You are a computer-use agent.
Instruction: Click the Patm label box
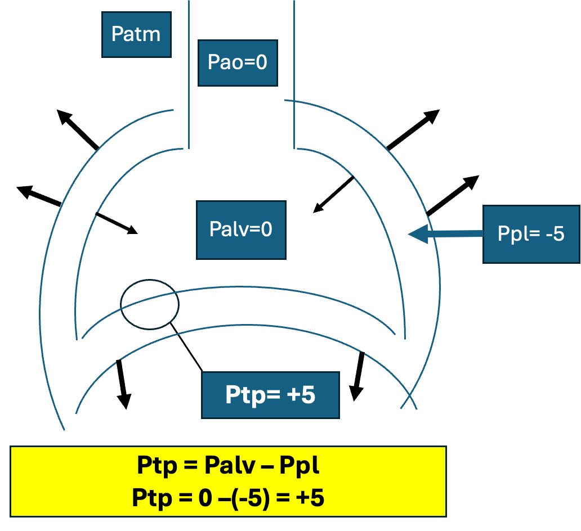(x=136, y=34)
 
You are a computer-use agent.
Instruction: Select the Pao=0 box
(x=238, y=62)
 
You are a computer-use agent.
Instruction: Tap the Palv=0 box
(x=241, y=229)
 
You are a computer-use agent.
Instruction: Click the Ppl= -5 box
(x=531, y=233)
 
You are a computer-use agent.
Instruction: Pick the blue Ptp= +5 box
(x=270, y=395)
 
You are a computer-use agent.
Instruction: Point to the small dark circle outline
(x=150, y=304)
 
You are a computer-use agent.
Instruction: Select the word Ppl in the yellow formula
(x=300, y=466)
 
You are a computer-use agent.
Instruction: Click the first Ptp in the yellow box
(x=155, y=466)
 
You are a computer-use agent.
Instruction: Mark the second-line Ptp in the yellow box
(x=150, y=498)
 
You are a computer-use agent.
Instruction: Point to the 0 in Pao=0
(x=261, y=62)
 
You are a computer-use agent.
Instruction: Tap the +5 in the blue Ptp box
(x=301, y=395)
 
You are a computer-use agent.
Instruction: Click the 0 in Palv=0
(x=266, y=229)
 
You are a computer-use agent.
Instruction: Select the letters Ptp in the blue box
(x=244, y=395)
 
